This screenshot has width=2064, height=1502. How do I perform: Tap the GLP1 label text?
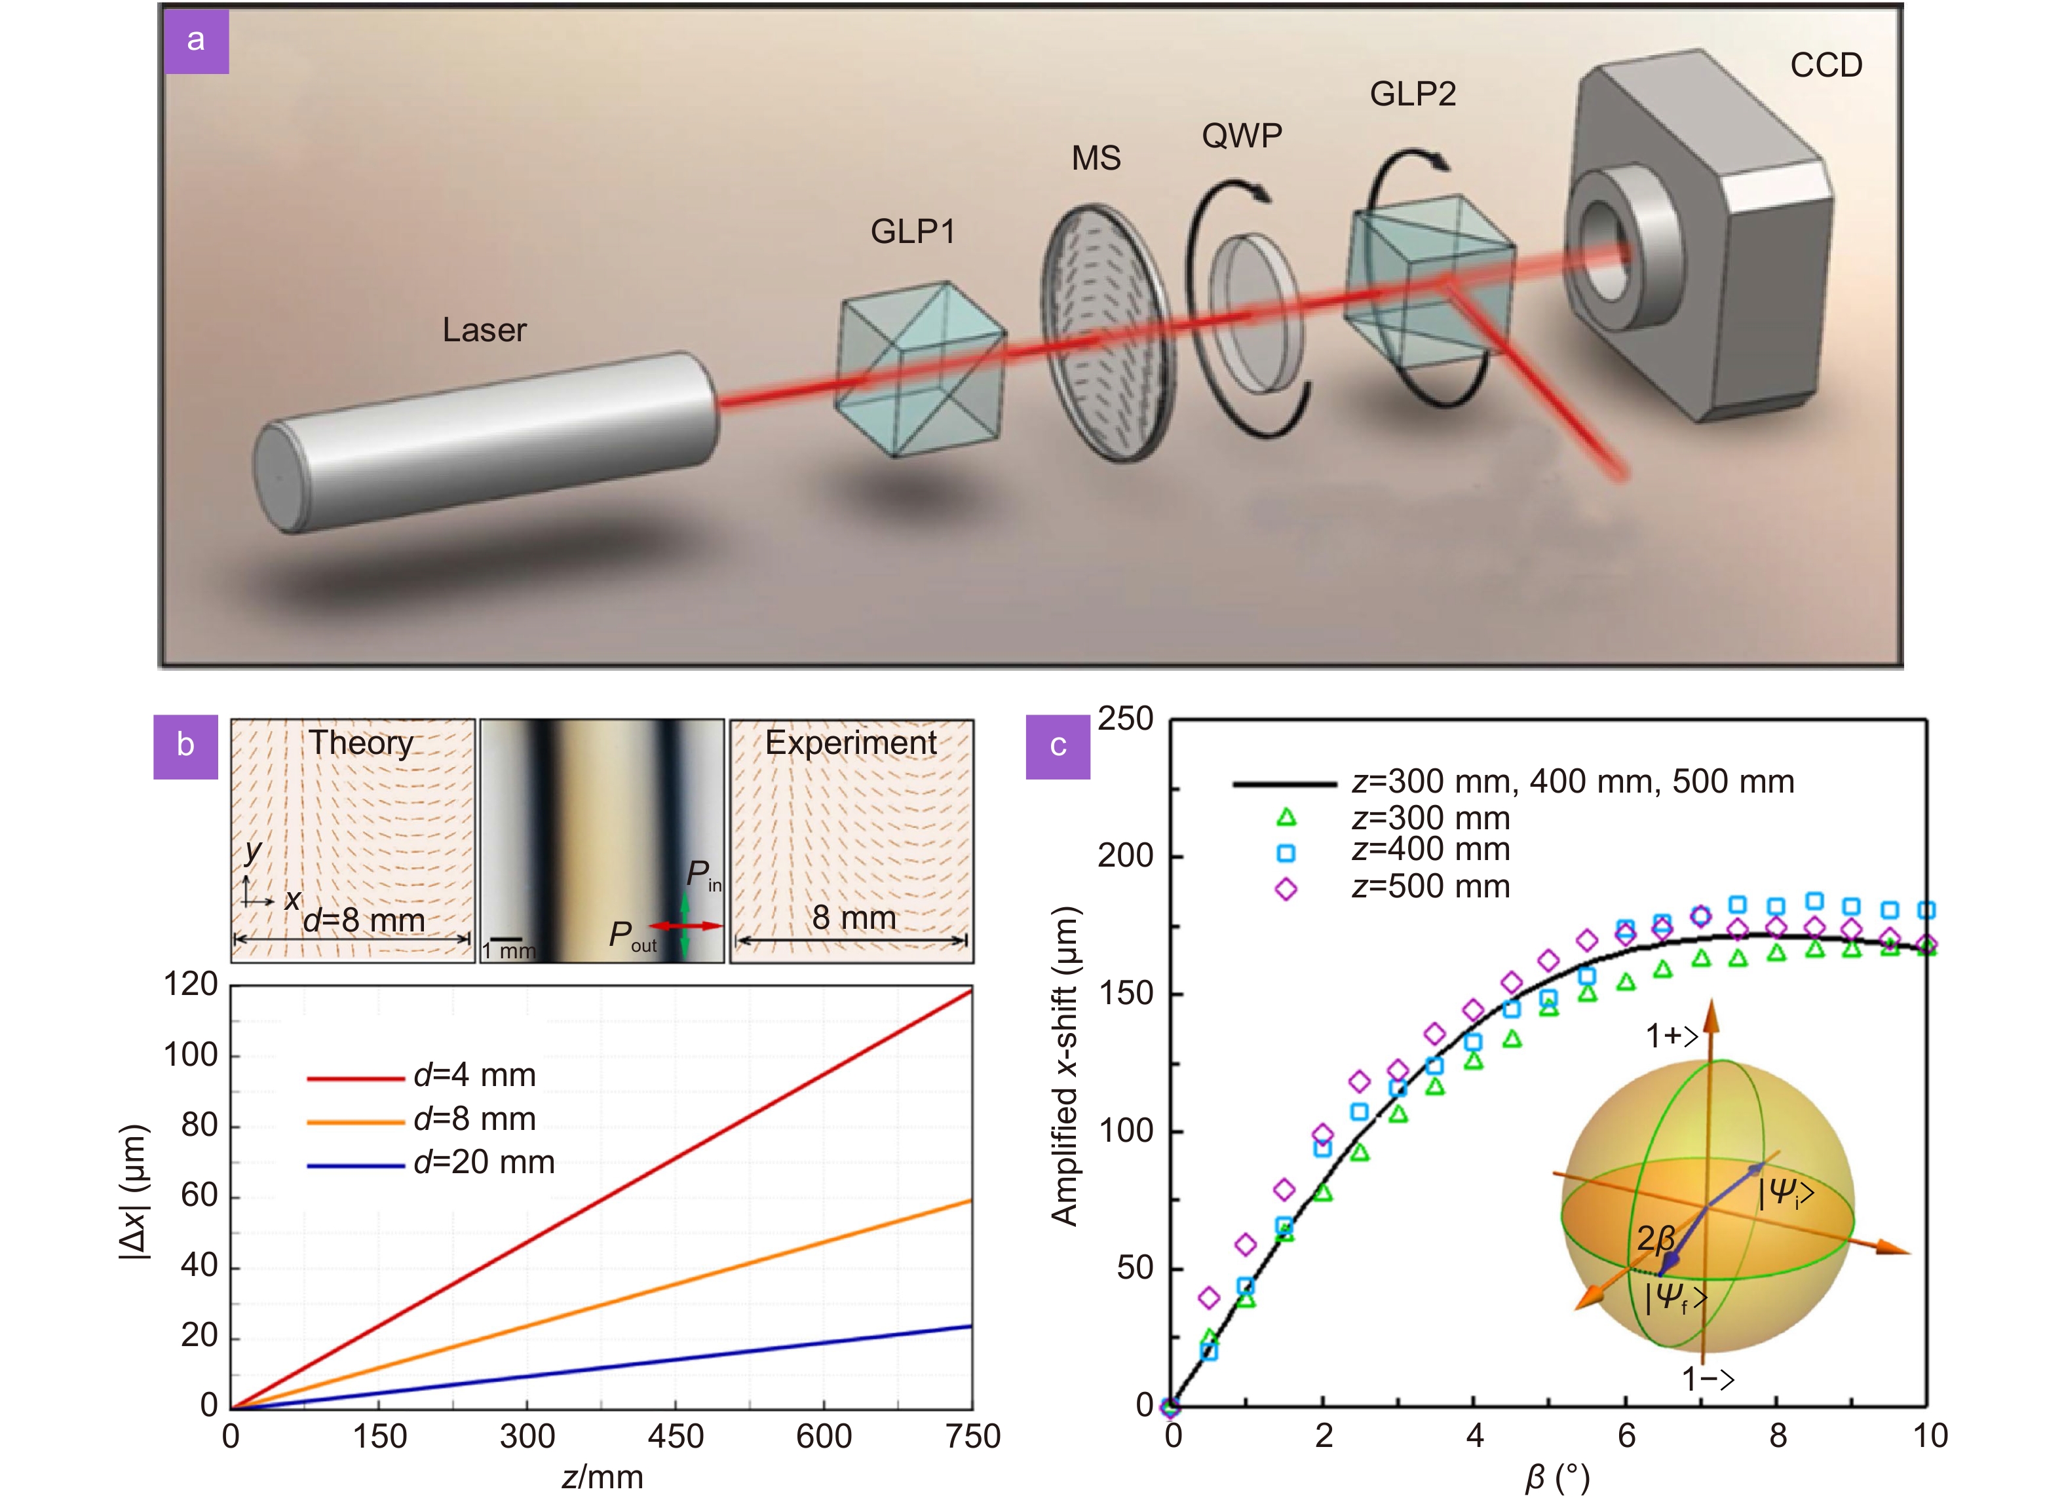[x=913, y=232]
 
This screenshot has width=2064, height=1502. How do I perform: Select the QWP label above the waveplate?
[x=1241, y=136]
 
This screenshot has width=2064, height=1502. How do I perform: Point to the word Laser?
[x=484, y=330]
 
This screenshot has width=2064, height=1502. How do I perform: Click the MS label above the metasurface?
[x=1096, y=159]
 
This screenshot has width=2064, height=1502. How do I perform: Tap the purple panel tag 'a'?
[x=196, y=41]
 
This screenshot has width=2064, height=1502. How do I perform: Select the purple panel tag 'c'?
[x=1058, y=746]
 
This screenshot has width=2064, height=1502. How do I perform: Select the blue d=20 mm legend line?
[x=355, y=1165]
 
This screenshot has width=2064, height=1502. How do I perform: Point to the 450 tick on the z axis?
[x=676, y=1436]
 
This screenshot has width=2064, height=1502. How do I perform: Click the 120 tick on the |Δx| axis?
[x=190, y=985]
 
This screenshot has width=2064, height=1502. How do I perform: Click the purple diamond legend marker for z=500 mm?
[x=1286, y=889]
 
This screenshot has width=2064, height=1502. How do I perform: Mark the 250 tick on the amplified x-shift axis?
[x=1125, y=720]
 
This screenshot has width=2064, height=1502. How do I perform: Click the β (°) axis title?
[x=1557, y=1479]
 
